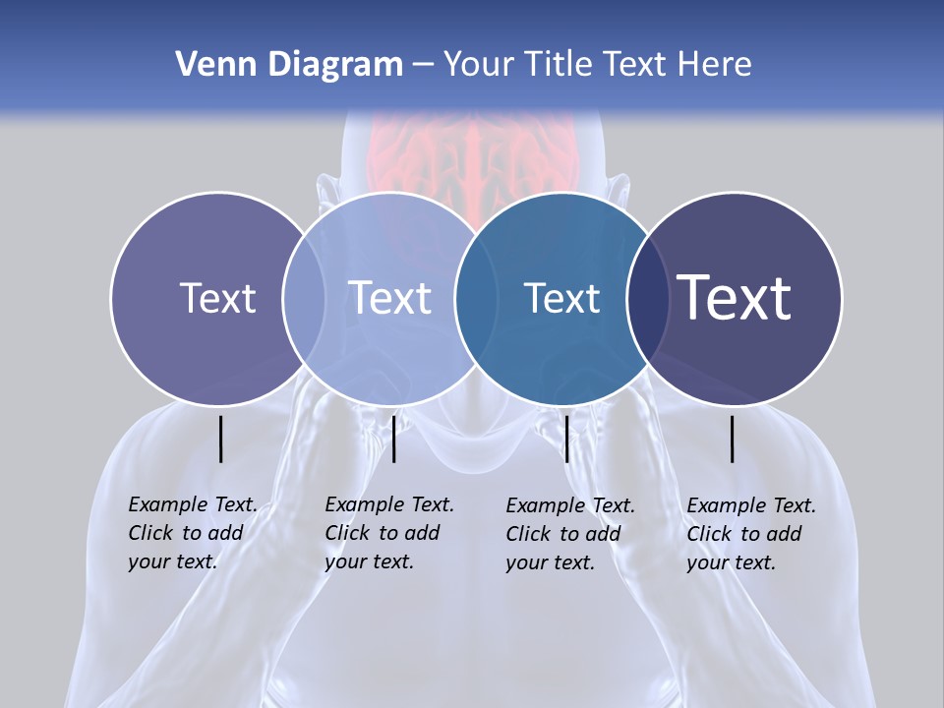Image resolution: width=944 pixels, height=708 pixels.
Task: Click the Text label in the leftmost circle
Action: click(x=217, y=298)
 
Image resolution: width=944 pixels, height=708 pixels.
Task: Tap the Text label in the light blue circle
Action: click(x=389, y=298)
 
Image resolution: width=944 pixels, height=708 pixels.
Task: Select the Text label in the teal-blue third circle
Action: click(x=561, y=298)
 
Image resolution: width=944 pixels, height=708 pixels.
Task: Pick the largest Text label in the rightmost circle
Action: click(x=734, y=298)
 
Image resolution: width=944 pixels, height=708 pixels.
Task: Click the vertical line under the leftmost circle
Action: click(x=221, y=439)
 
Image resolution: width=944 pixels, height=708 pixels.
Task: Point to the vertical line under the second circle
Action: click(x=393, y=439)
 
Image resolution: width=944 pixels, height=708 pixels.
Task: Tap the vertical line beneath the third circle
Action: click(x=566, y=439)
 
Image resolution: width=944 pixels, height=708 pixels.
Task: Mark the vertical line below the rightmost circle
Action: click(x=733, y=439)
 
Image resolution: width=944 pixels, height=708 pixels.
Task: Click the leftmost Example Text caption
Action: click(x=192, y=533)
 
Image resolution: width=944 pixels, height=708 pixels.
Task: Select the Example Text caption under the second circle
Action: click(x=388, y=533)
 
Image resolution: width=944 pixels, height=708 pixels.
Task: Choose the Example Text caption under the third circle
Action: click(x=569, y=534)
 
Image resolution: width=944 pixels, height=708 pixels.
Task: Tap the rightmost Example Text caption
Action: click(x=750, y=534)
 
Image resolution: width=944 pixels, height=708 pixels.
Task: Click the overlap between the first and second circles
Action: click(x=304, y=299)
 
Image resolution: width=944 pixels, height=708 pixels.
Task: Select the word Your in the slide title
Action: click(x=478, y=65)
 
